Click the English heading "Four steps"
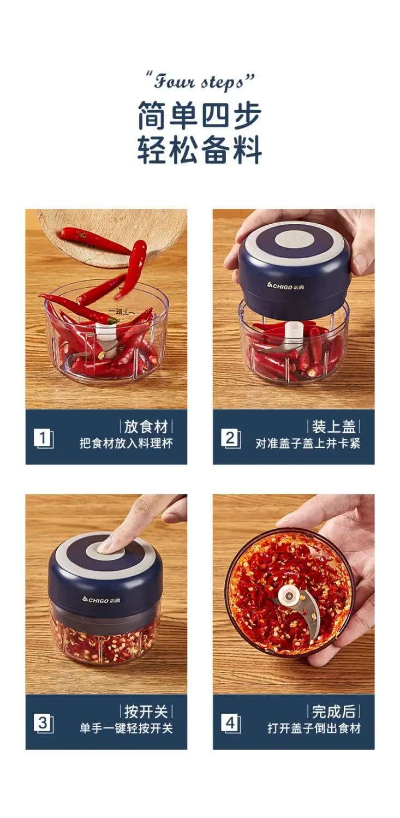click(200, 82)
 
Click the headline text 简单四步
click(200, 116)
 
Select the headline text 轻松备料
click(200, 149)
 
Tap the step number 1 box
click(43, 438)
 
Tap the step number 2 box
click(231, 438)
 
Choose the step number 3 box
click(43, 723)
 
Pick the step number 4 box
click(231, 723)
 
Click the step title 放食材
click(146, 426)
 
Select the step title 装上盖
click(333, 426)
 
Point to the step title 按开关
click(146, 712)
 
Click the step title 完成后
click(333, 712)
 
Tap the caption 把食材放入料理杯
click(126, 443)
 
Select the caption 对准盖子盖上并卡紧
click(308, 443)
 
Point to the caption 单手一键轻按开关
click(126, 728)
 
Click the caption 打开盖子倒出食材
click(314, 728)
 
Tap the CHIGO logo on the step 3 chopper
click(102, 599)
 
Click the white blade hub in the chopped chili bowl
click(288, 596)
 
